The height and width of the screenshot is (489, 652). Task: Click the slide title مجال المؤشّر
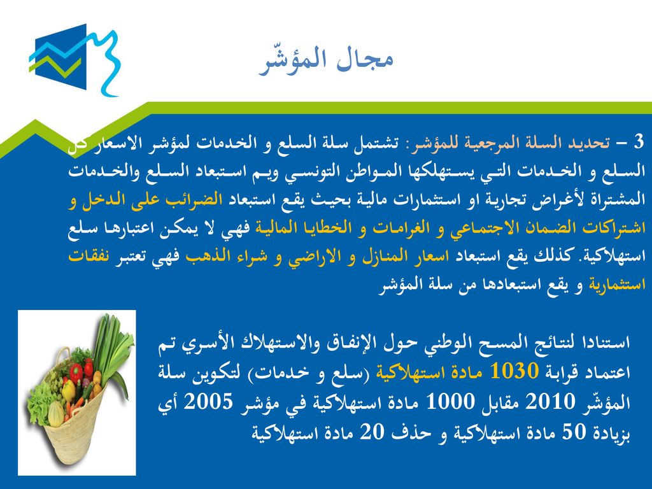(325, 60)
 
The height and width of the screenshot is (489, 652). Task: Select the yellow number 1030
(514, 371)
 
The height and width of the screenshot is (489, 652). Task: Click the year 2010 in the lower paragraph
(550, 401)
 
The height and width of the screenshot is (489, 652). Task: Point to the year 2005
(209, 401)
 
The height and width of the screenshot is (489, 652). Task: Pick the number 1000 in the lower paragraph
(450, 401)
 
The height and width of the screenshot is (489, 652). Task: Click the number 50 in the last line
(574, 432)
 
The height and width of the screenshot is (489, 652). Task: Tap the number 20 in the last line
(371, 432)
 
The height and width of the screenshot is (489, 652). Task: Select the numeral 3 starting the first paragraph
(639, 142)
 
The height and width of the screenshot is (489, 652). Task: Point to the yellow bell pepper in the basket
(68, 390)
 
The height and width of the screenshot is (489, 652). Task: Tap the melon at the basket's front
(56, 413)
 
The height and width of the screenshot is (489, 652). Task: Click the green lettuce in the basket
(40, 400)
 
